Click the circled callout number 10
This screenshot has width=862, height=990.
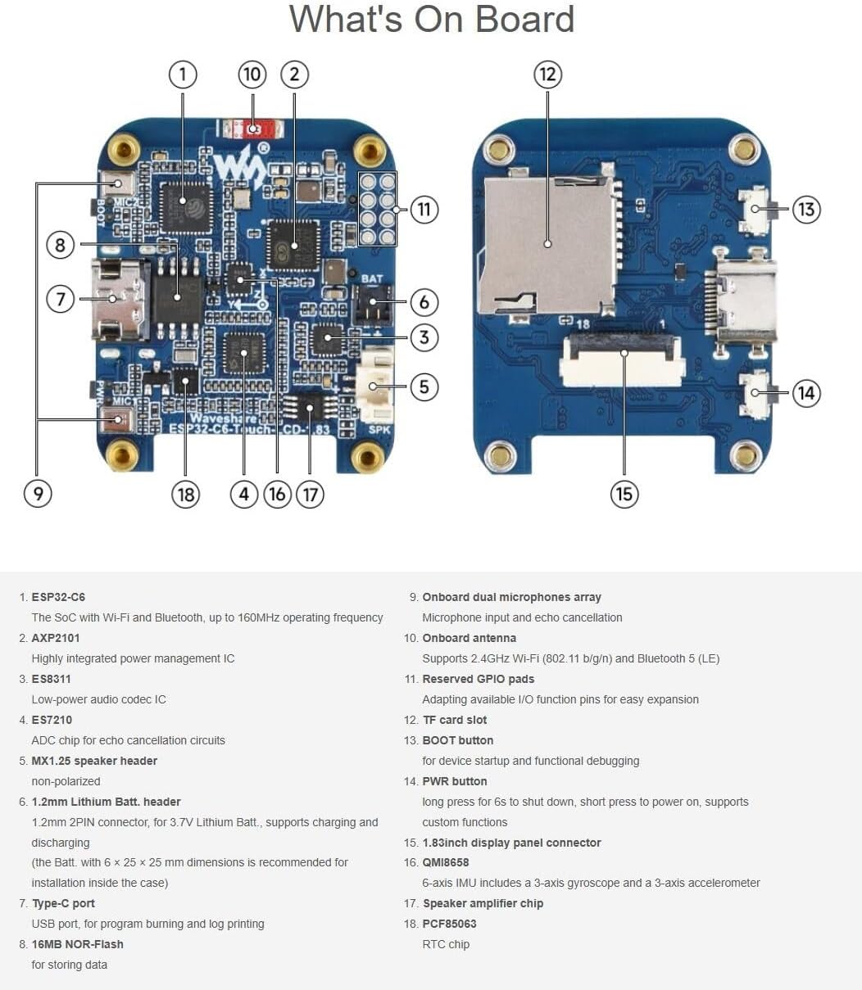coord(252,75)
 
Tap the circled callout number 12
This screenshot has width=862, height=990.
coord(547,75)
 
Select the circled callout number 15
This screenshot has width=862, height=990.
coord(624,494)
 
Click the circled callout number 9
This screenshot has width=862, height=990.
coord(38,494)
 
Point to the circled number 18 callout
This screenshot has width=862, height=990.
coord(185,494)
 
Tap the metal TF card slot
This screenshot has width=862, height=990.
coord(547,243)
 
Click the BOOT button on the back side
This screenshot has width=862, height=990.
coord(755,209)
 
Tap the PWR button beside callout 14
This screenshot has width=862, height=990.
coord(755,393)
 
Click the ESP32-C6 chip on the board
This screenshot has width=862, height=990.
coord(184,205)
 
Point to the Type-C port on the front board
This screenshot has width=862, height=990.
coord(116,299)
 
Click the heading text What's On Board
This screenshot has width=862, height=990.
coord(431,20)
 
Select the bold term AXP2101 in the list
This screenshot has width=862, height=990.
coord(56,638)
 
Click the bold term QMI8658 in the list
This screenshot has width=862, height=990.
coord(446,862)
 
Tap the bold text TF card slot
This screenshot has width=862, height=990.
coord(455,720)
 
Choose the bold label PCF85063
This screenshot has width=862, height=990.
coord(449,924)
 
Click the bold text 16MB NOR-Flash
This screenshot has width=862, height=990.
coord(78,944)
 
